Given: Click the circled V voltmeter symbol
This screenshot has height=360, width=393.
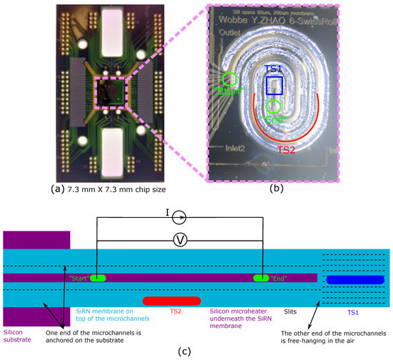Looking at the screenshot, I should pos(181,241).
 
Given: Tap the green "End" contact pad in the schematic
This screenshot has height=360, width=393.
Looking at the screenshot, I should pos(262,277).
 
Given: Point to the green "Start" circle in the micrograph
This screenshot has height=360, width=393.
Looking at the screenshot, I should pos(231,80).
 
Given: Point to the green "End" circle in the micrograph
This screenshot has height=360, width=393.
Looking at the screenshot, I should pos(273,108).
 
